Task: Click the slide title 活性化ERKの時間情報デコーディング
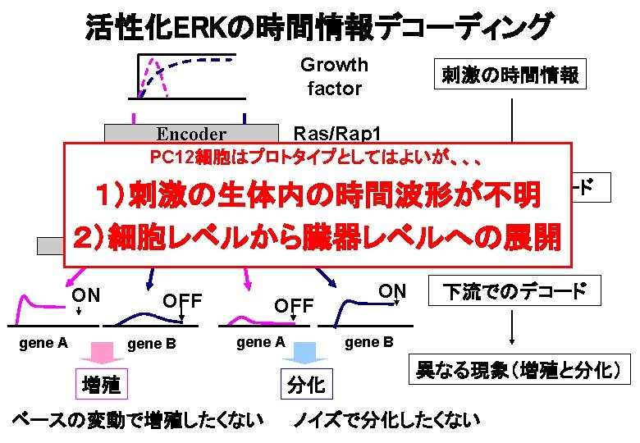point(319,27)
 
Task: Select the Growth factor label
point(334,76)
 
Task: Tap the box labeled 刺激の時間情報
point(510,75)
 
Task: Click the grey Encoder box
point(191,133)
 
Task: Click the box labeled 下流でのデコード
point(514,291)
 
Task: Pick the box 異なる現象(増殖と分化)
point(517,370)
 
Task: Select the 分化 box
point(305,384)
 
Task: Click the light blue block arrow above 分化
point(310,354)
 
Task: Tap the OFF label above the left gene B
point(183,301)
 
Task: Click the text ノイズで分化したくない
point(386,421)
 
